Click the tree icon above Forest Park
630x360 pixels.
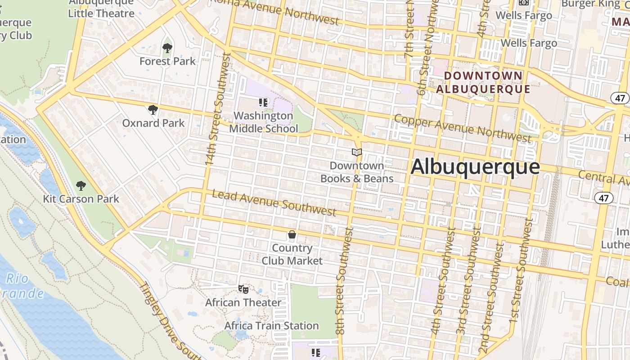pos(167,48)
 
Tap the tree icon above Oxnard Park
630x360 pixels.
pos(153,109)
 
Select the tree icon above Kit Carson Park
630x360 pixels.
pos(81,185)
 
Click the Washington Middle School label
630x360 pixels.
pos(264,122)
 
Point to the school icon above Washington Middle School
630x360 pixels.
pos(263,103)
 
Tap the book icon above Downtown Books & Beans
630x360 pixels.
pos(357,153)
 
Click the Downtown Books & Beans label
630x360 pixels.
pos(357,172)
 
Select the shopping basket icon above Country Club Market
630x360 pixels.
pos(292,234)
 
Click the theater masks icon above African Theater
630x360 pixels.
pos(243,289)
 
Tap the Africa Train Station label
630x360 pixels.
pos(271,325)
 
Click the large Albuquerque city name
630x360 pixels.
pos(475,167)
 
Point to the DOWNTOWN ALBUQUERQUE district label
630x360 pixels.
pos(483,82)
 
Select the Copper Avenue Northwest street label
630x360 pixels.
pos(463,128)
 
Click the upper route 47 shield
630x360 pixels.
pos(620,98)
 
